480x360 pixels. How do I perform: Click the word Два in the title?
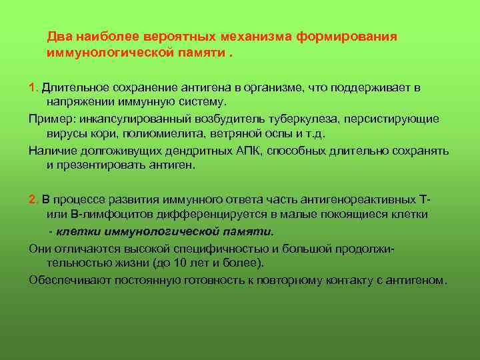58,36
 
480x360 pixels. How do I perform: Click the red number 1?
33,88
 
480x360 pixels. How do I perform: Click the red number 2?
33,199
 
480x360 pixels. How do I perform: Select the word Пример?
50,119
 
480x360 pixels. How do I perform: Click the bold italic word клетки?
75,231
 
